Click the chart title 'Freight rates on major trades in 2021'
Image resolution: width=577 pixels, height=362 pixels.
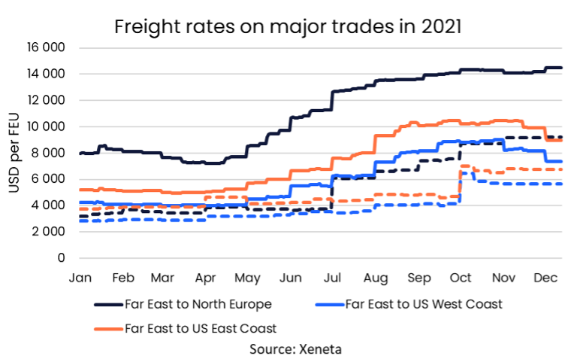coord(288,27)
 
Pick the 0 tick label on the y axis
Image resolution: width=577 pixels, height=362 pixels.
coord(62,257)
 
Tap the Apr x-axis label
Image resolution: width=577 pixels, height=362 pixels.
coord(206,278)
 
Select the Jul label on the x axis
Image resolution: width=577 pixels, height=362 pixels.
coord(332,278)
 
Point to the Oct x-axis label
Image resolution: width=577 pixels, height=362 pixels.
coord(460,278)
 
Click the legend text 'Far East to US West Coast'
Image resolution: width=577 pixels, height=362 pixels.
coord(424,305)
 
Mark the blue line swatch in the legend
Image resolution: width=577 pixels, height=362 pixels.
coord(328,306)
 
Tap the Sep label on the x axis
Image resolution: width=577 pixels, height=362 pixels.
coord(418,278)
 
